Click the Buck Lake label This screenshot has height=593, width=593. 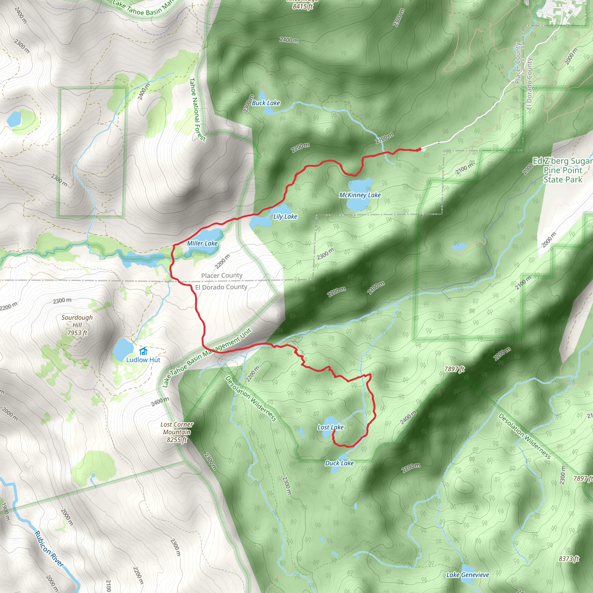click(266, 103)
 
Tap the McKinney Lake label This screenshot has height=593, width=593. click(360, 195)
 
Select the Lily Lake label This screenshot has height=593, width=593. click(285, 217)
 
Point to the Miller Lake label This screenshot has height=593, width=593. click(202, 244)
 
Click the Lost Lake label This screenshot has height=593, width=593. click(331, 427)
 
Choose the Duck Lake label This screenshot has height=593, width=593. click(339, 463)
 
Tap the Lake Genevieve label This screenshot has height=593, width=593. click(467, 575)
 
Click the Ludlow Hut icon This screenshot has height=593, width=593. click(143, 351)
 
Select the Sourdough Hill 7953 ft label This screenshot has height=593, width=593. click(77, 325)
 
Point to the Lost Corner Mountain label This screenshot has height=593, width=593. click(177, 432)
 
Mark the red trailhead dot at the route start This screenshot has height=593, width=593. click(419, 149)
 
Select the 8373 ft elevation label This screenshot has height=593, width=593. click(568, 559)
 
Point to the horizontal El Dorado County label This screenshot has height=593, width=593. click(221, 287)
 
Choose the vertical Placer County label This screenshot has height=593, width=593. click(517, 63)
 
